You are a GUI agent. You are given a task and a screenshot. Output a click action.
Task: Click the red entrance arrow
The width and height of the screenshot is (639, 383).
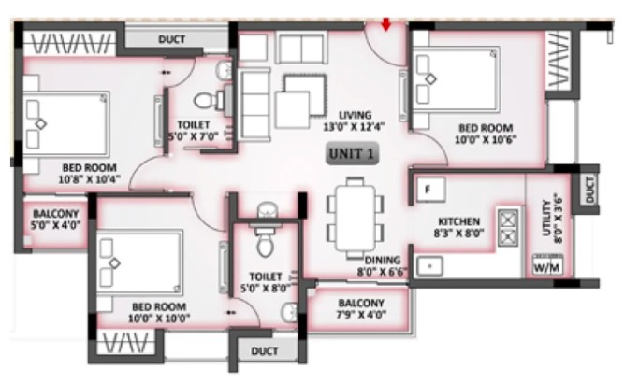coord(386,24)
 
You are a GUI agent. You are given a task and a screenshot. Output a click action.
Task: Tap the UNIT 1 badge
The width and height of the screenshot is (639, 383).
coord(352,154)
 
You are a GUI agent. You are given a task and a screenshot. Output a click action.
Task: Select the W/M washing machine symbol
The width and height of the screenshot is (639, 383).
coord(547,264)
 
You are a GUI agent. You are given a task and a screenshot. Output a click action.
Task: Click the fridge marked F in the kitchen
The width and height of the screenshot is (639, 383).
coord(430,190)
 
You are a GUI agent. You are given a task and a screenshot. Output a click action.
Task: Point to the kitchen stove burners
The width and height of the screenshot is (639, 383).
coord(508,227)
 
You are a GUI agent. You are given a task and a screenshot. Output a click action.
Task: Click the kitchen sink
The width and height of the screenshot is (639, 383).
coord(430,266)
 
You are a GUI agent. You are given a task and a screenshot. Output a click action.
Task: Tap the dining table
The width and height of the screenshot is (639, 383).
coord(356,219)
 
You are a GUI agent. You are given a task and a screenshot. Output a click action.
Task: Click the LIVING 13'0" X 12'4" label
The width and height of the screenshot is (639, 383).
coord(355,121)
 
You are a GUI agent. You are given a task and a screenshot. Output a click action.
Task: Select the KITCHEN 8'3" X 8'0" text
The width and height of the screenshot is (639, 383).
coord(458,228)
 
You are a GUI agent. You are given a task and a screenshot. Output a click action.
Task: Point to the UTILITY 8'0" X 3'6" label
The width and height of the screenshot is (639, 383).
coord(553,220)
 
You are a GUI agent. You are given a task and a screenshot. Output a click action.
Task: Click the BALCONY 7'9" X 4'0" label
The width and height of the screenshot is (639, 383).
coord(361,309)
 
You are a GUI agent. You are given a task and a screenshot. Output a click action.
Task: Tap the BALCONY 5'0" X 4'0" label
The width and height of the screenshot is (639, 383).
coord(56,220)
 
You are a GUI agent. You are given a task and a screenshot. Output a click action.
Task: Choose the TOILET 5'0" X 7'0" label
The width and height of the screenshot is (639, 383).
coord(193,131)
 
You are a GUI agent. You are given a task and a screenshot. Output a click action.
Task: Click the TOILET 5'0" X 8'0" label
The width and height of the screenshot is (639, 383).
coord(266,282)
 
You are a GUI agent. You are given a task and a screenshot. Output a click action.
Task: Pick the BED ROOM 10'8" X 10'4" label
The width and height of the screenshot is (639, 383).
coord(89,174)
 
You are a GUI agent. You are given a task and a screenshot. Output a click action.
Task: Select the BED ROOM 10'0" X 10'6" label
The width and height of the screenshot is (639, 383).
coord(486,134)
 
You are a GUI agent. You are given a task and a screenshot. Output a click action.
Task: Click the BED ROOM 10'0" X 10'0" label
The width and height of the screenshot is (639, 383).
coord(159,313)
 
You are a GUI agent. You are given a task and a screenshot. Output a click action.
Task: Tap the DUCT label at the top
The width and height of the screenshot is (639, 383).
coord(171,39)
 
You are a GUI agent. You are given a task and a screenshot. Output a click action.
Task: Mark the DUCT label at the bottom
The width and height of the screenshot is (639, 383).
coord(265,351)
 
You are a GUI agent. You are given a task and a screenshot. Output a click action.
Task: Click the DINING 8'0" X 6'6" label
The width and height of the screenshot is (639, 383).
coord(383,266)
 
